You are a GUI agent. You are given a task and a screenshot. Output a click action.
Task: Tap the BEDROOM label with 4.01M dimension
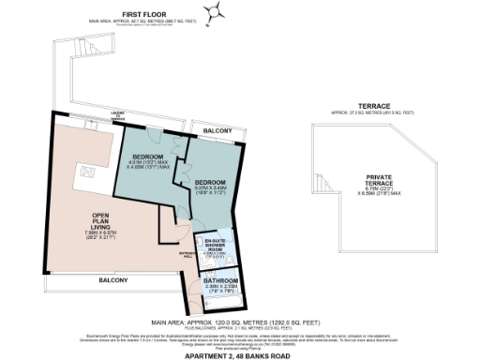tap(148, 155)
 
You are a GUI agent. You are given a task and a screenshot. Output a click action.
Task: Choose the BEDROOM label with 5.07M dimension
tap(210, 181)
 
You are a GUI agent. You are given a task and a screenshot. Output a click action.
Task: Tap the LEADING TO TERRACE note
tap(145, 115)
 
